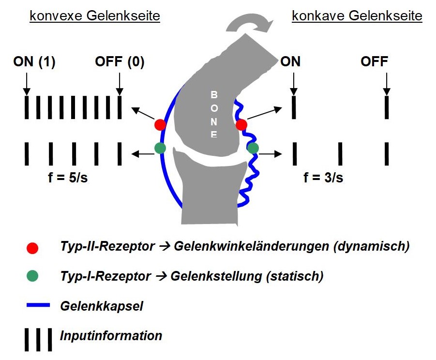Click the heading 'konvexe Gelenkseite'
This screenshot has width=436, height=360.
click(95, 16)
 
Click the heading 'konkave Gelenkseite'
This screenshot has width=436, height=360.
click(357, 16)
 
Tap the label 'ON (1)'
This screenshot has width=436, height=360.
click(34, 62)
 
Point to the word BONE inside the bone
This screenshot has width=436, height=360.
click(214, 114)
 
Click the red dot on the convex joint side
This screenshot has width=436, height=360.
click(160, 124)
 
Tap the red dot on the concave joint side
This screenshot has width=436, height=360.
click(241, 125)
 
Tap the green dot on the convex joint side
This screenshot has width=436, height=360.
click(160, 147)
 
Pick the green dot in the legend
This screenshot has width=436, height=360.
click(32, 276)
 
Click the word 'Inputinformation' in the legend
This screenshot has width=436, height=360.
click(111, 335)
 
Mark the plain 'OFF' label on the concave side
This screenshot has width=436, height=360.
click(374, 62)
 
